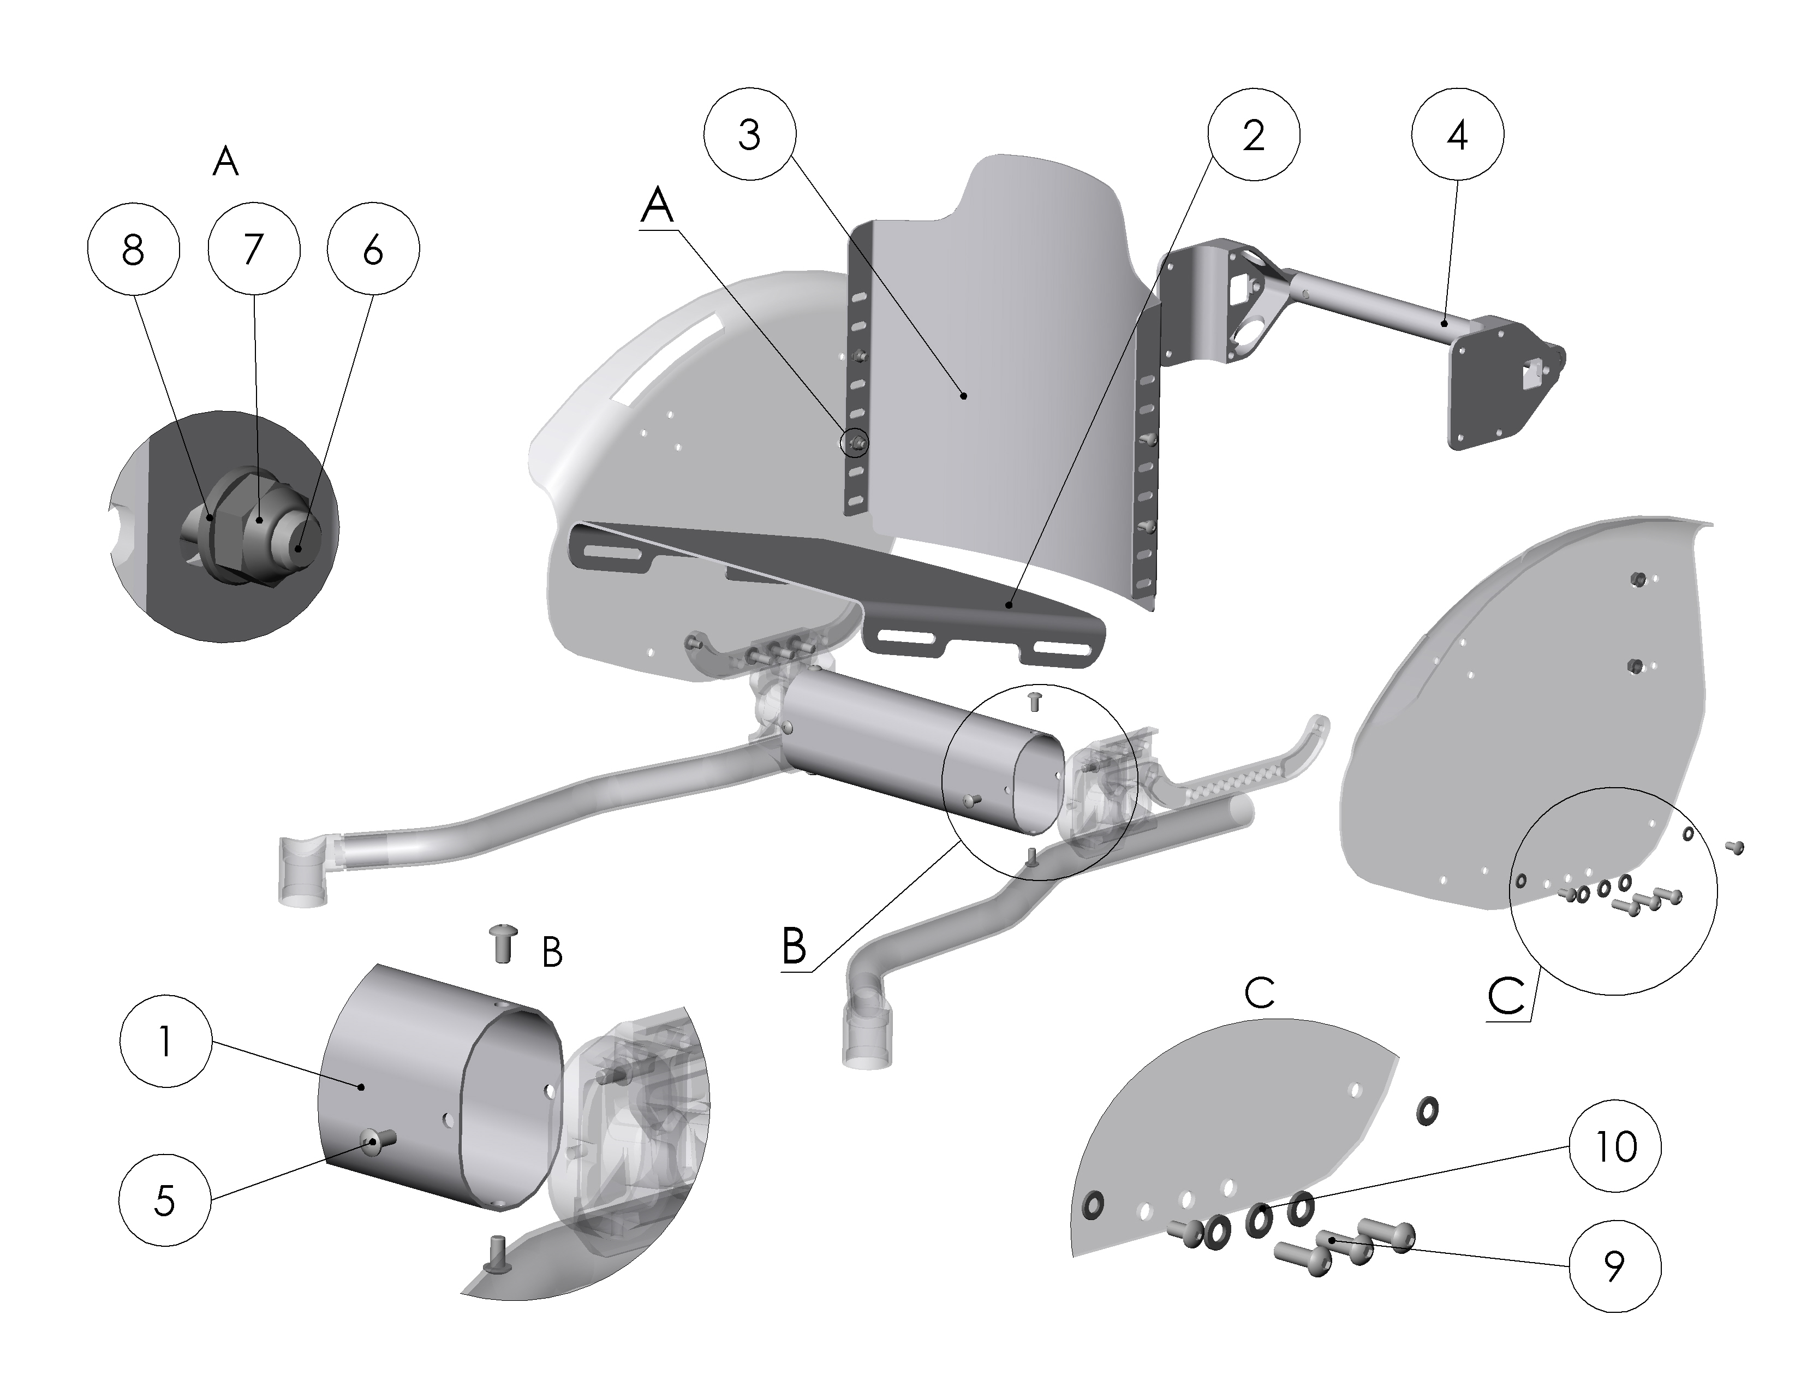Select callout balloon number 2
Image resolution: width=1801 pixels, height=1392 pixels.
[x=1254, y=134]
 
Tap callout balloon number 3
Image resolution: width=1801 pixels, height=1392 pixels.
[x=749, y=134]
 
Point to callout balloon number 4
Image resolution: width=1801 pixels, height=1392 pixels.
[x=1457, y=134]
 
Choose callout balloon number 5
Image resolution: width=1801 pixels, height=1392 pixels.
[x=165, y=1201]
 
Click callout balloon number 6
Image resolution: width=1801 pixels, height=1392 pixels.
[x=373, y=249]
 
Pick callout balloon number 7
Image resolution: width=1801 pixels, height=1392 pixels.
[x=253, y=249]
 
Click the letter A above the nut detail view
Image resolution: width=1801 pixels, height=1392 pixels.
[x=225, y=162]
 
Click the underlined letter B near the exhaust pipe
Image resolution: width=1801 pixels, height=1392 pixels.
[x=794, y=946]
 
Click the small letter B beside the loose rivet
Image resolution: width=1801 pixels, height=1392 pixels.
[x=552, y=953]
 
